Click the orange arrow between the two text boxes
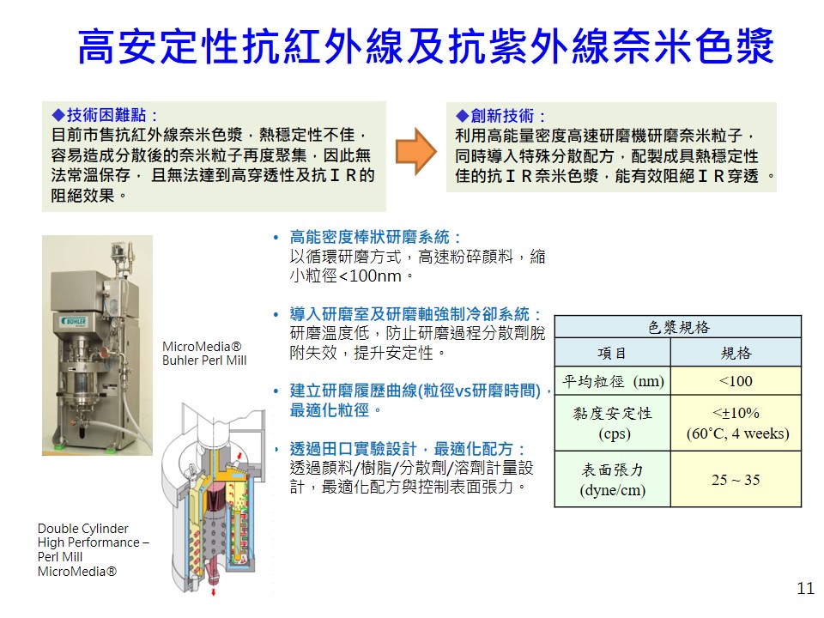pyautogui.click(x=415, y=151)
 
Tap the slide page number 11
pyautogui.click(x=805, y=589)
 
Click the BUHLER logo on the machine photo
pyautogui.click(x=74, y=320)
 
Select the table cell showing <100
pyautogui.click(x=736, y=381)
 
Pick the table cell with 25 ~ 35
pyautogui.click(x=736, y=479)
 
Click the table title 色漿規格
pyautogui.click(x=678, y=327)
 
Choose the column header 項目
pyautogui.click(x=612, y=353)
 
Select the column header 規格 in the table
pyautogui.click(x=736, y=353)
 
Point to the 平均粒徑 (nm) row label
pyautogui.click(x=613, y=381)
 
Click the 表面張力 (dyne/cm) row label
pyautogui.click(x=613, y=479)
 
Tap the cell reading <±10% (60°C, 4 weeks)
pyautogui.click(x=736, y=423)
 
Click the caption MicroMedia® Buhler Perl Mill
pyautogui.click(x=204, y=353)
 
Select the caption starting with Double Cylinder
pyautogui.click(x=93, y=549)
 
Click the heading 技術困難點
pyautogui.click(x=106, y=114)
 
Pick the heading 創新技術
pyautogui.click(x=501, y=116)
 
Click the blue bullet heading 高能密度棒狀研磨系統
pyautogui.click(x=369, y=237)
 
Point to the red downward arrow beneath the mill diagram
pyautogui.click(x=214, y=591)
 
